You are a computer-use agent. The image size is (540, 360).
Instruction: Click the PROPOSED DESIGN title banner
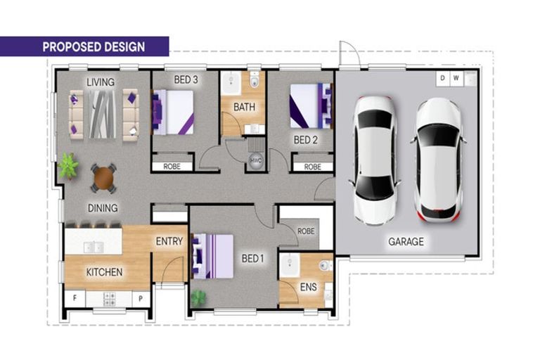[84, 46]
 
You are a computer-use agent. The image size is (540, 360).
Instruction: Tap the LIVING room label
[101, 82]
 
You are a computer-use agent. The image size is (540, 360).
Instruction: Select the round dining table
[103, 178]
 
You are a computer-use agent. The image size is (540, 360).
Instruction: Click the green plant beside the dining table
[68, 166]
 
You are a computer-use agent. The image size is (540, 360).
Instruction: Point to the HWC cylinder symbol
[256, 160]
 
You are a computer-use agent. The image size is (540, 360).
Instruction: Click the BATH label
[244, 107]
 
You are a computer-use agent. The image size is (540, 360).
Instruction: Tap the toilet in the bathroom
[255, 80]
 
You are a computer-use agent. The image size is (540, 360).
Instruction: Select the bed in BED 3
[172, 112]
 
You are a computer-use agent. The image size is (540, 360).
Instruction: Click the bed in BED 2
[311, 105]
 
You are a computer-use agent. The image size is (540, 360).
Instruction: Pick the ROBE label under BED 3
[172, 167]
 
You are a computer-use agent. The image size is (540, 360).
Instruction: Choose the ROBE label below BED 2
[313, 167]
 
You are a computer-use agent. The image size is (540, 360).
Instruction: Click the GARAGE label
[406, 241]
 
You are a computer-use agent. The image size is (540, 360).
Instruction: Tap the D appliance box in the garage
[442, 78]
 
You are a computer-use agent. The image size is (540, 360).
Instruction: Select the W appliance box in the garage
[456, 78]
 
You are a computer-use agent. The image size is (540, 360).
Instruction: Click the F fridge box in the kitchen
[75, 298]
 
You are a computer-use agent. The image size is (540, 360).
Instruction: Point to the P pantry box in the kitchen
[141, 298]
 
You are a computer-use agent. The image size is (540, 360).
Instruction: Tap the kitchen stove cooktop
[110, 299]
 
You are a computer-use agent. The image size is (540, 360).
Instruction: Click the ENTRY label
[169, 241]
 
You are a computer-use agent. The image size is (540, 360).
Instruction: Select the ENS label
[308, 287]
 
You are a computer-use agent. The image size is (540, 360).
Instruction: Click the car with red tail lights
[439, 160]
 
